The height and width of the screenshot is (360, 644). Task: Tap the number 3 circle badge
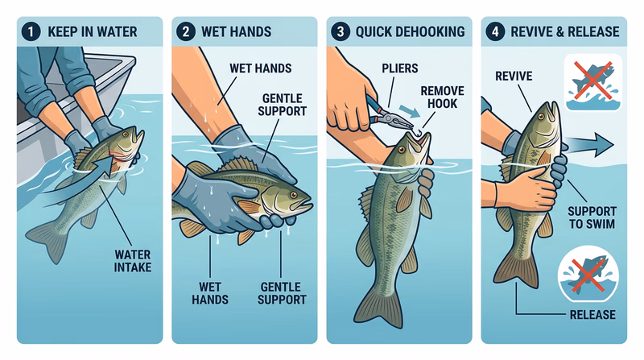coord(342,32)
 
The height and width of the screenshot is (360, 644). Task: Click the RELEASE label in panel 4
coord(591,313)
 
